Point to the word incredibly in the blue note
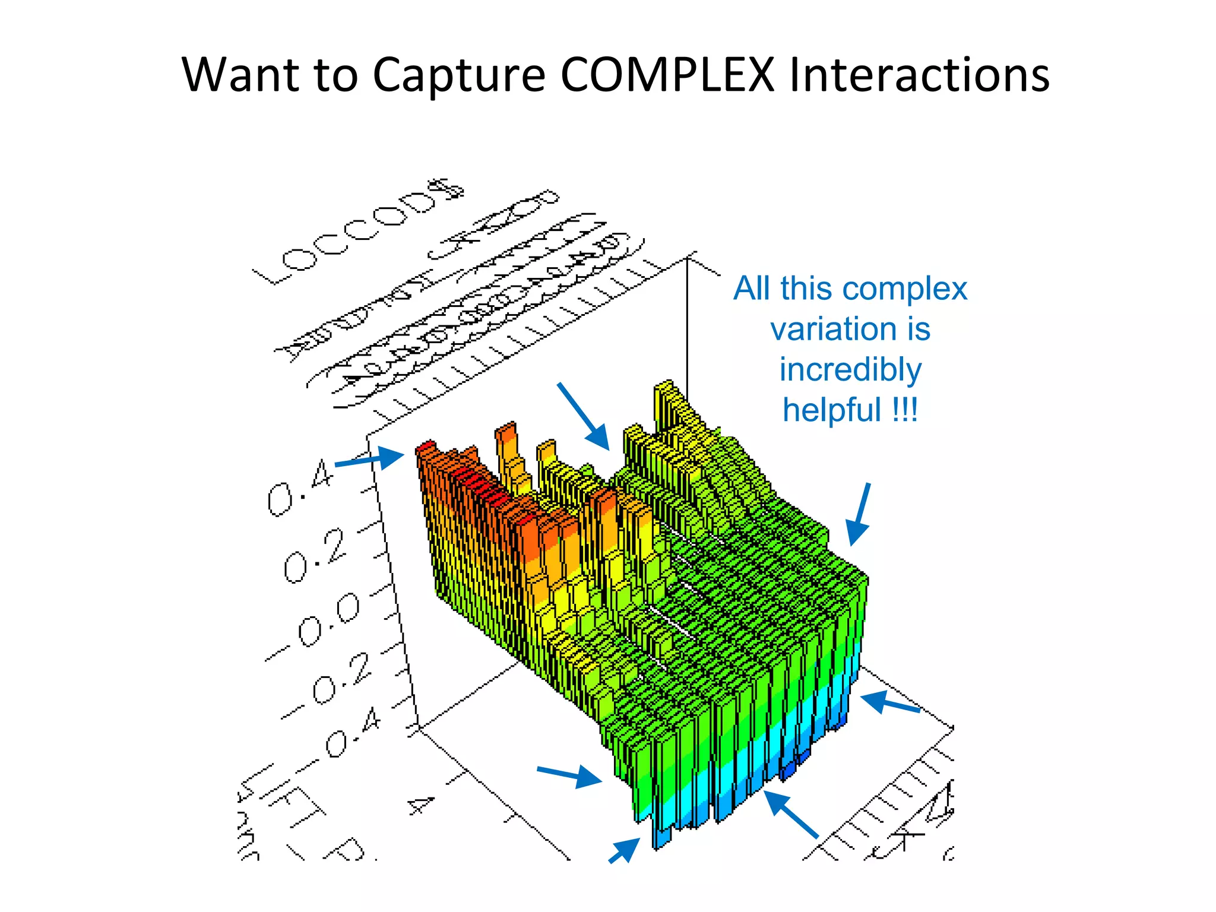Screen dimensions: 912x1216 tap(850, 369)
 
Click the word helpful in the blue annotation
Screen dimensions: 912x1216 tap(831, 410)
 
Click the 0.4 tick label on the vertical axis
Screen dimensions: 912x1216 tap(300, 486)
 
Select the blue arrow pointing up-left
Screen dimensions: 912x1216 tap(790, 813)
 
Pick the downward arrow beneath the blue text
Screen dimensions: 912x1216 tap(859, 514)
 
